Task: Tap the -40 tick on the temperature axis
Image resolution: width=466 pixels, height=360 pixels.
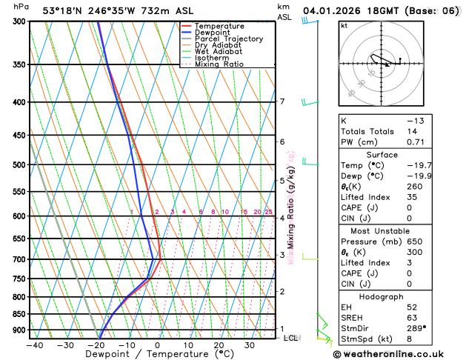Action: [x=34, y=345]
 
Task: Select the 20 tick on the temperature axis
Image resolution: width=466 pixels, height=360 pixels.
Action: [x=219, y=345]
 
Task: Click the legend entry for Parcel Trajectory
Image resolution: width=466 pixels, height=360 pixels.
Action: [x=228, y=39]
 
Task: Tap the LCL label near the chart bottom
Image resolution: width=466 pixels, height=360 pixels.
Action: [x=290, y=338]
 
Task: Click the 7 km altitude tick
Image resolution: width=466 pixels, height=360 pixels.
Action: [x=282, y=101]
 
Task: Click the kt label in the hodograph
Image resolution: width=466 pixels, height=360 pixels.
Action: [x=344, y=26]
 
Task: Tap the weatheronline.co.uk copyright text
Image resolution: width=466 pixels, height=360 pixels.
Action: [x=399, y=354]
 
